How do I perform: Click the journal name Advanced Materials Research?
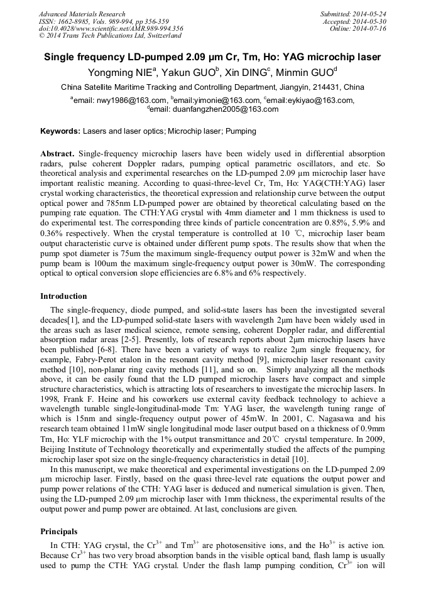tap(82, 14)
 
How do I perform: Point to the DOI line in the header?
tap(111, 29)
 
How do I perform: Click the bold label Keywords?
tap(60, 131)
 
